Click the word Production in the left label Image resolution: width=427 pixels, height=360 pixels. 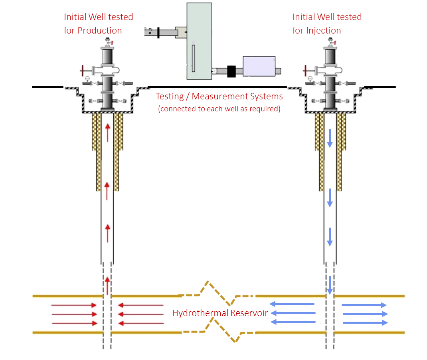100,30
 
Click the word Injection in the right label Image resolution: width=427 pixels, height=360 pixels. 322,30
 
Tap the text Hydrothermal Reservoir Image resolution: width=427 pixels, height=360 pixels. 219,313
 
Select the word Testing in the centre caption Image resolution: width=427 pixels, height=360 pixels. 168,97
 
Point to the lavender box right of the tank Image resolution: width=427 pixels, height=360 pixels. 259,66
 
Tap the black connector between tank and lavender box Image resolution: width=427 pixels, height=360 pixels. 232,71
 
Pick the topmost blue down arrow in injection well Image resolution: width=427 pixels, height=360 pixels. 330,138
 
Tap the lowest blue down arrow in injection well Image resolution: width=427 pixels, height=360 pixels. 330,285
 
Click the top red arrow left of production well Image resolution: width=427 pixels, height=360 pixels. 74,305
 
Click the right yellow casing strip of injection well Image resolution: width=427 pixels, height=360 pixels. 340,152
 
